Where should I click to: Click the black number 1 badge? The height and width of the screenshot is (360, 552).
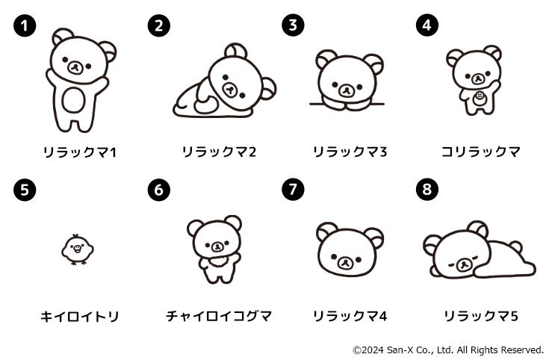point(25,25)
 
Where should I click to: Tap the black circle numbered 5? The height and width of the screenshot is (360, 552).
point(25,190)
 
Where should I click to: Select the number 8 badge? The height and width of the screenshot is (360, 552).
point(427,189)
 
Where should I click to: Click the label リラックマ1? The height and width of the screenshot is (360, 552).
point(80,152)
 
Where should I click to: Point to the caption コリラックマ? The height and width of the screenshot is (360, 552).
point(480,152)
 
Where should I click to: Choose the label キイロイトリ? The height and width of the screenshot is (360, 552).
point(80,317)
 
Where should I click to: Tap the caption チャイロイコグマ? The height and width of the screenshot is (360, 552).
point(219,316)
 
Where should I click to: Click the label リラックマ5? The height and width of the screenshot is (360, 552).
point(481,316)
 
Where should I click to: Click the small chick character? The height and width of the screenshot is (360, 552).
point(77,249)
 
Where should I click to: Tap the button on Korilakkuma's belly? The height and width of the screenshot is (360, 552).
point(479,96)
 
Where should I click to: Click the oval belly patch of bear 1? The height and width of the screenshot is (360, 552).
point(74,100)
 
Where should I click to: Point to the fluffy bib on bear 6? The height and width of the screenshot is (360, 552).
point(218,262)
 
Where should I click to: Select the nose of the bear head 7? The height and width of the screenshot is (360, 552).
point(346,262)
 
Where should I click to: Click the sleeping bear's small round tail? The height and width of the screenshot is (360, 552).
point(515,246)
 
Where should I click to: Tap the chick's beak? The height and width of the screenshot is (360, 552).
point(77,249)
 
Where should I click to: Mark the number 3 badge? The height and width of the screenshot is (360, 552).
point(293,25)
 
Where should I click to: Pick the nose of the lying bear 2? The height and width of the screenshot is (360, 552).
point(229,90)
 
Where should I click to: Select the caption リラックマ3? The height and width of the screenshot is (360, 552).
point(350,152)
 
